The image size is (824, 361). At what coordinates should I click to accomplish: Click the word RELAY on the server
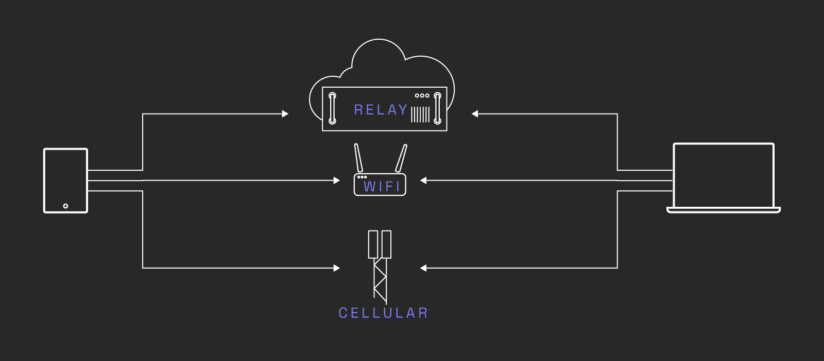381,110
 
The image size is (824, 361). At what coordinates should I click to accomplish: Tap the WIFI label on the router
382,187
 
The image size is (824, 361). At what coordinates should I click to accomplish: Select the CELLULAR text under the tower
383,313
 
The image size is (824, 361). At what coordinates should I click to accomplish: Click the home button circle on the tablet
65,206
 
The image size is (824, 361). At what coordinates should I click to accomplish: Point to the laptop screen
724,175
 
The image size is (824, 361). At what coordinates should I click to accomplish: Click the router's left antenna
358,158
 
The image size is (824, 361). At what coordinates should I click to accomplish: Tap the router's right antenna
401,158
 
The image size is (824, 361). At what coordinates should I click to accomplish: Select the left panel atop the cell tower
373,244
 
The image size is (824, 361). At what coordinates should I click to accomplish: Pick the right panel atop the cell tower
386,244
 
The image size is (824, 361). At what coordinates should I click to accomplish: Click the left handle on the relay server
332,108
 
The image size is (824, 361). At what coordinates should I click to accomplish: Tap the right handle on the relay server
437,108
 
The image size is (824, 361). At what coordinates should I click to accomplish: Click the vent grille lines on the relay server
420,114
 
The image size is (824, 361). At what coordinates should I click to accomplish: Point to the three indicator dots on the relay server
422,95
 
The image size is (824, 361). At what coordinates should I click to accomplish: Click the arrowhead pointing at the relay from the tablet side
285,113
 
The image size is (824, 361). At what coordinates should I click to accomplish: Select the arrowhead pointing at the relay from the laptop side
475,113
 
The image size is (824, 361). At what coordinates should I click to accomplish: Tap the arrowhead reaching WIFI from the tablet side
337,180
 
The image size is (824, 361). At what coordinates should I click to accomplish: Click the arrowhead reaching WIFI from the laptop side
423,180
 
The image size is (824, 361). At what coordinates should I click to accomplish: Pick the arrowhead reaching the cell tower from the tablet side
337,268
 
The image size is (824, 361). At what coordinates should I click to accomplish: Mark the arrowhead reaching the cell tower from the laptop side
423,268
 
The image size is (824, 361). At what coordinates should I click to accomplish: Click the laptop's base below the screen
724,210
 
